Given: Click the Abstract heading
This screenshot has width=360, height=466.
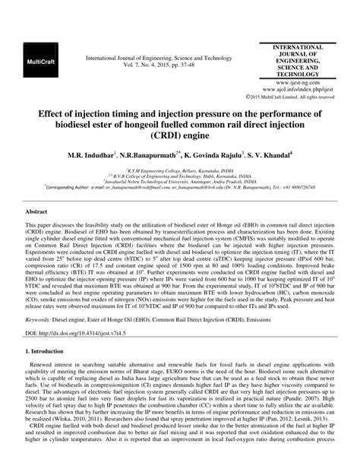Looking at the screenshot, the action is tap(38, 207).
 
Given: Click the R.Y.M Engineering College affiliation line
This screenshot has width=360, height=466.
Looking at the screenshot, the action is tap(180, 171).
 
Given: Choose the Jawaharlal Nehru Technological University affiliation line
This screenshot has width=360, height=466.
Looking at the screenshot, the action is tap(180, 183).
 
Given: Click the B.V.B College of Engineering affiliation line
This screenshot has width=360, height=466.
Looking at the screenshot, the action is tap(180, 177).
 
